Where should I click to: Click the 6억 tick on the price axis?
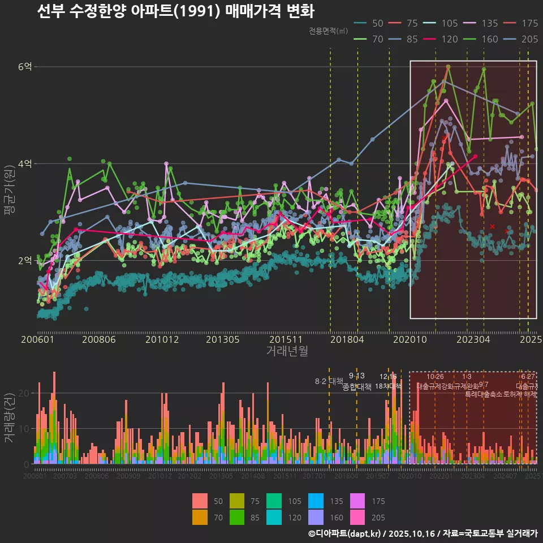[25, 67]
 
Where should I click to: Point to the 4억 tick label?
[25, 164]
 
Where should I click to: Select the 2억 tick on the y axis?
[25, 261]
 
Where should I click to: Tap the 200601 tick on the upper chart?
[37, 340]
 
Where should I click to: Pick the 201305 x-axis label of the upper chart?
[222, 340]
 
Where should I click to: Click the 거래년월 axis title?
[287, 351]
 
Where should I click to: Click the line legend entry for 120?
[442, 40]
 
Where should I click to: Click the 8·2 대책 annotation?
[329, 381]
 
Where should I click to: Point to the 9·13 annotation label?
[356, 376]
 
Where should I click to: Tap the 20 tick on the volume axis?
[25, 393]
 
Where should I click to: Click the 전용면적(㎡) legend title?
[329, 32]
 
